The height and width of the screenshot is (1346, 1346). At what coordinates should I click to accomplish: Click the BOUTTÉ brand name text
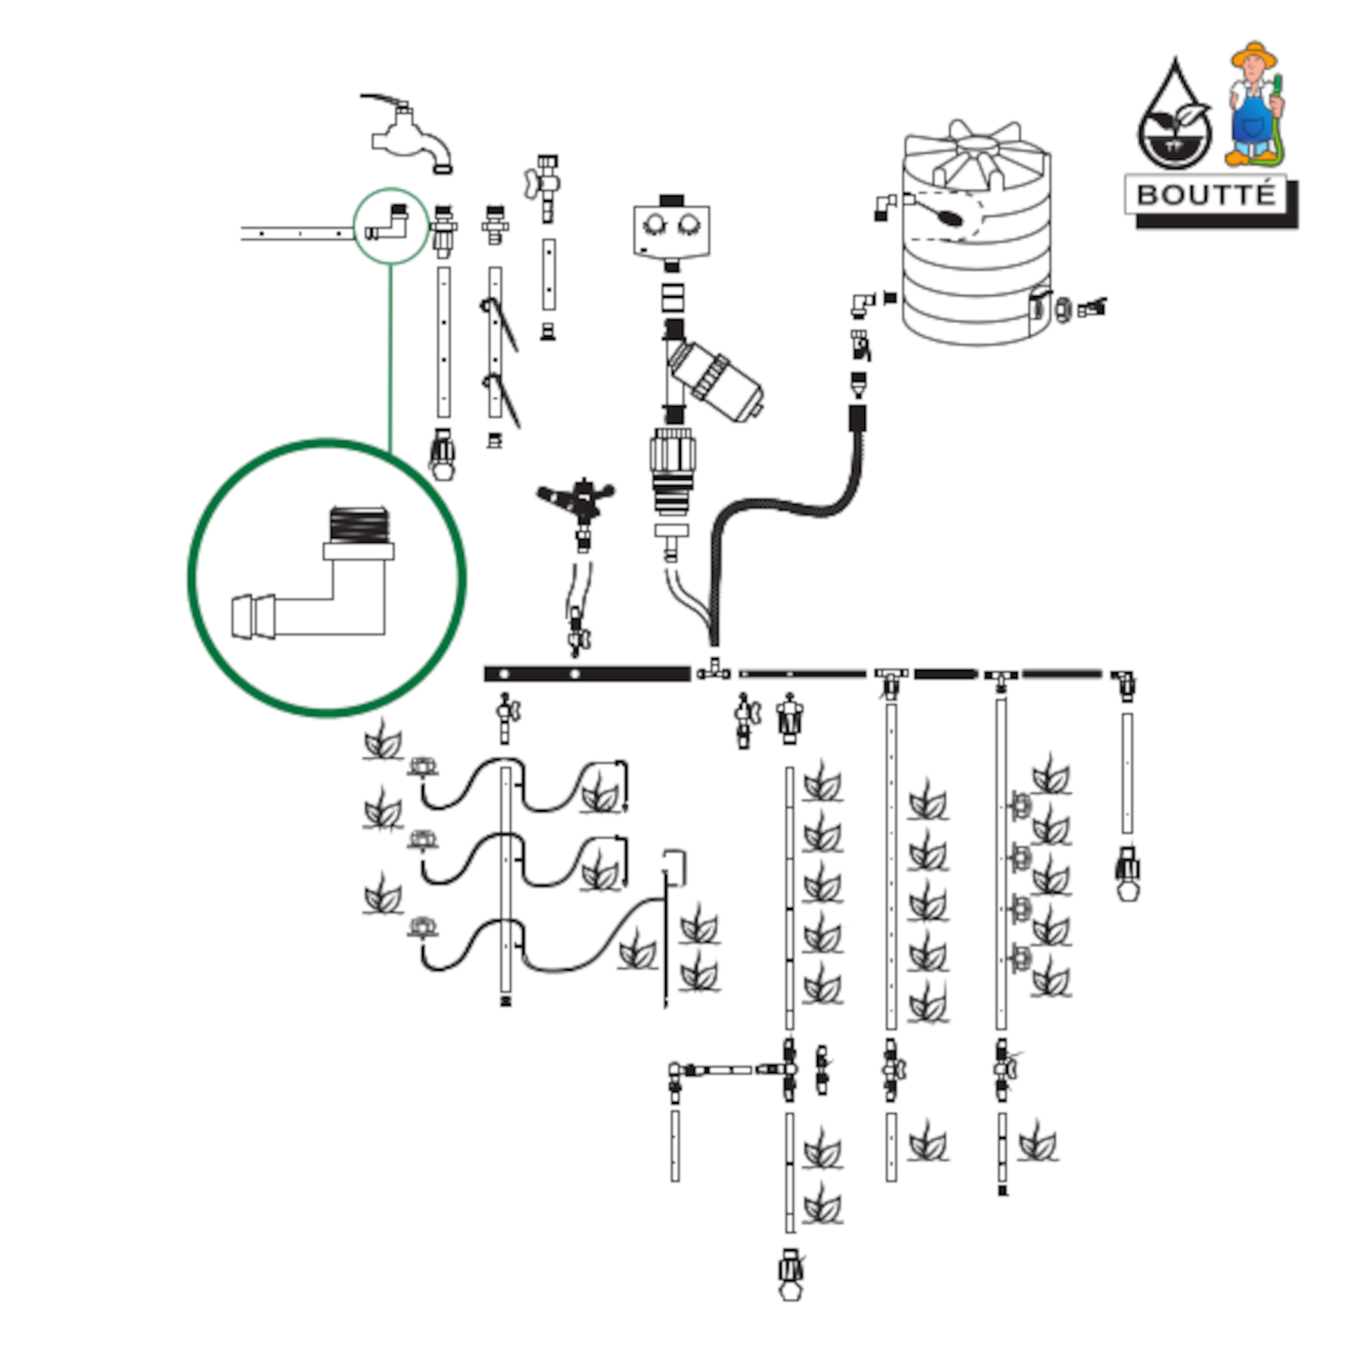tap(1205, 195)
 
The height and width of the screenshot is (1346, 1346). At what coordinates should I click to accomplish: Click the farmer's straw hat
tap(1253, 54)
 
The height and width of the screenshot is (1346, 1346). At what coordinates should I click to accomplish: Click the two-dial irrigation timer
tap(671, 228)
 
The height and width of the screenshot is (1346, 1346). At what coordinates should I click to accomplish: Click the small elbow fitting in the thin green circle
tap(389, 225)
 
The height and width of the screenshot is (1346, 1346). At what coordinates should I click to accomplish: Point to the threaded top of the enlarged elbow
tap(359, 524)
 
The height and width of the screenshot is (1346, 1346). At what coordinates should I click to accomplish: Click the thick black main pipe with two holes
tap(587, 674)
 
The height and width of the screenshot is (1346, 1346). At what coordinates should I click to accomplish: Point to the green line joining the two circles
tap(390, 356)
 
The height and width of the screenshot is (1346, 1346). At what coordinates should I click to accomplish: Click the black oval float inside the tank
tap(946, 215)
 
